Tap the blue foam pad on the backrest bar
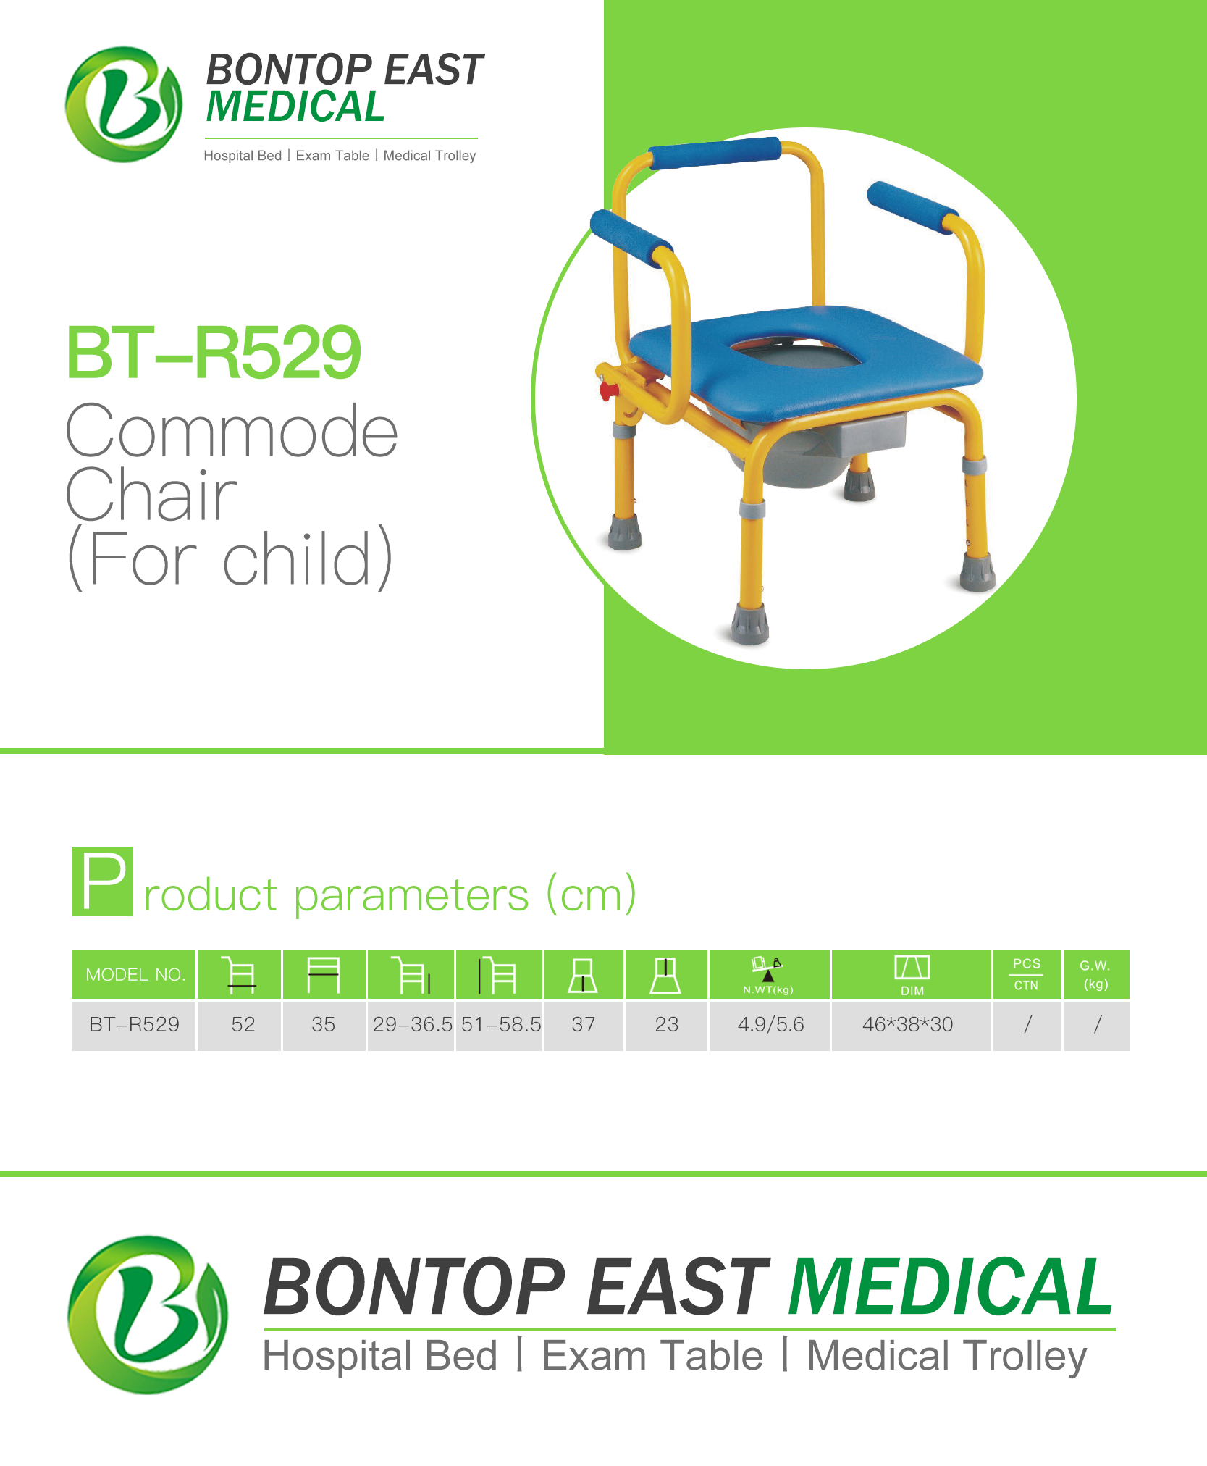click(715, 153)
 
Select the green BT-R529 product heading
click(214, 353)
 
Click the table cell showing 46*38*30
click(911, 1025)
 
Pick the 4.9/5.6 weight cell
click(770, 1025)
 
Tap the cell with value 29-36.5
click(411, 1025)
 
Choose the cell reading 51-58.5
click(500, 1025)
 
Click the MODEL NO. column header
click(134, 975)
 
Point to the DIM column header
click(911, 975)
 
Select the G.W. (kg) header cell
click(1095, 975)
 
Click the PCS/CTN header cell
click(1027, 975)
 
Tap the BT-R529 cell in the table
click(134, 1025)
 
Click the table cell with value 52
click(239, 1025)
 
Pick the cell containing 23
click(666, 1025)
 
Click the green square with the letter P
click(102, 881)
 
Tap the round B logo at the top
click(124, 104)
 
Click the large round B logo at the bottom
click(148, 1315)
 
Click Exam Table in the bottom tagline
click(652, 1356)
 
